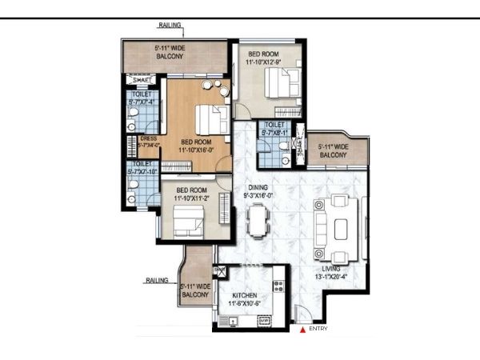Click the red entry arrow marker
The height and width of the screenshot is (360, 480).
[301, 329]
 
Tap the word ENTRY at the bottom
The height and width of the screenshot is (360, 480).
[318, 329]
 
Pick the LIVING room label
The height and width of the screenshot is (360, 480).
[331, 270]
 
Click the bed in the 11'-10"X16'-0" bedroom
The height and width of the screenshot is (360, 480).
[210, 120]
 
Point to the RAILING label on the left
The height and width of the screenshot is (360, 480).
[158, 281]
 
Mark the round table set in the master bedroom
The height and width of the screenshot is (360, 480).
[211, 86]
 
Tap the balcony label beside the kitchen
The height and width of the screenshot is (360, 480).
[196, 290]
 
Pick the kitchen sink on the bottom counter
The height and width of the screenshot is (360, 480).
[261, 321]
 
